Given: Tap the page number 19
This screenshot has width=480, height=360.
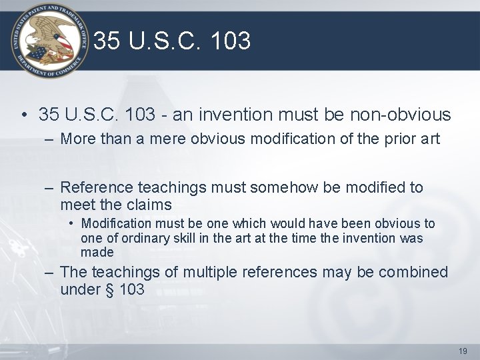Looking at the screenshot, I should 463,351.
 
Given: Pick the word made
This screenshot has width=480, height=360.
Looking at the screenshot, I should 97,253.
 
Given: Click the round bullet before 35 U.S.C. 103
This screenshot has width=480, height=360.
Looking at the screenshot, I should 24,115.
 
